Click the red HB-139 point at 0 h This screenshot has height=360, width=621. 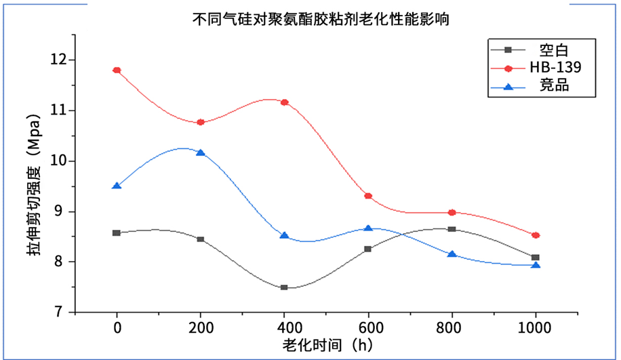(117, 70)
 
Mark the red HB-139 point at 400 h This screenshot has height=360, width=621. (284, 102)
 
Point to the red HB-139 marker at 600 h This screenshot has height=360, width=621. (368, 196)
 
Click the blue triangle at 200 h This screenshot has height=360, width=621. (201, 153)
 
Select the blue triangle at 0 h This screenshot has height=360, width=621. (117, 186)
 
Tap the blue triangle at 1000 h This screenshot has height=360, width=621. (536, 265)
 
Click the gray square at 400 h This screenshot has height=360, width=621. (284, 287)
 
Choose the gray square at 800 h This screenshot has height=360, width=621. (452, 229)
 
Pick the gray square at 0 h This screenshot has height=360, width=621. (117, 233)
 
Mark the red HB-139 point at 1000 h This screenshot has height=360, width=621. (536, 235)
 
